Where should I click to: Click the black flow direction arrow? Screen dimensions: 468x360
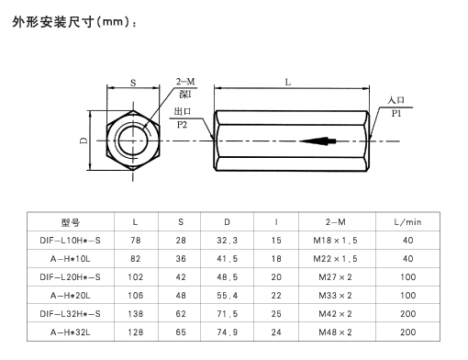(318, 141)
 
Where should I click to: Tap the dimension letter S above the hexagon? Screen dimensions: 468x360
(133, 83)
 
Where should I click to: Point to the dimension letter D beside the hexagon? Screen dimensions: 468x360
(84, 141)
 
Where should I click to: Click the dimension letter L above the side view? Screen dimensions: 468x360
(288, 82)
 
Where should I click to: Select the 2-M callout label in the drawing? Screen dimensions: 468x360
(185, 82)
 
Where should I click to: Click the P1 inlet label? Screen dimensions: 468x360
(396, 114)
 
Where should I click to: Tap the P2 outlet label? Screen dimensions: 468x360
(182, 125)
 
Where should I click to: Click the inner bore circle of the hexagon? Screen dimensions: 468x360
(133, 141)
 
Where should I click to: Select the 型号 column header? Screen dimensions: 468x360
(71, 222)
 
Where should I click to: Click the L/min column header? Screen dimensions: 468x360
(407, 222)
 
